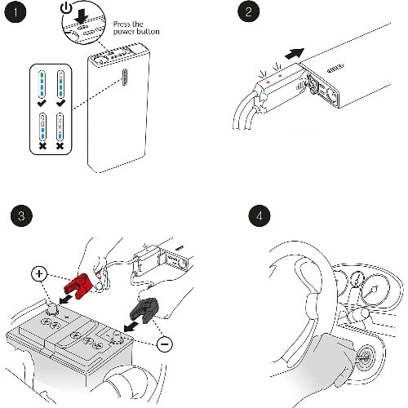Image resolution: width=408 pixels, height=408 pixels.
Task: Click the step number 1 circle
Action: [x=16, y=12]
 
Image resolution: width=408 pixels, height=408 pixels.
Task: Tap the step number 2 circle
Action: [x=248, y=11]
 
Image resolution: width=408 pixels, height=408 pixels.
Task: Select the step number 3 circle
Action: [x=21, y=216]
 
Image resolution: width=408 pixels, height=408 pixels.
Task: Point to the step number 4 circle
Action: [x=259, y=216]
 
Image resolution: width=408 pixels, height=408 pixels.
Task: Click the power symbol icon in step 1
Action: [x=66, y=8]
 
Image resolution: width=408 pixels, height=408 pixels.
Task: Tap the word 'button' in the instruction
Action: [x=148, y=32]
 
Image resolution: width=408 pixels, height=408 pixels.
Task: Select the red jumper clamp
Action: [x=79, y=285]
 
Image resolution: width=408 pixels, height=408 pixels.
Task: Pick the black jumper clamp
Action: [x=144, y=310]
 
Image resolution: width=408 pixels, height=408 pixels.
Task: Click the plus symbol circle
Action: [x=39, y=273]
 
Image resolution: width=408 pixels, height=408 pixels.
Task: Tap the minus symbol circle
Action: [x=165, y=344]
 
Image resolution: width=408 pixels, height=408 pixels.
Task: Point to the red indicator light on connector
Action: [x=268, y=82]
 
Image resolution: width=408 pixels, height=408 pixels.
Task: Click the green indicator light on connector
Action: [x=280, y=76]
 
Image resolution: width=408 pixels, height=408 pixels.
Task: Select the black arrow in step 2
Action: [x=295, y=53]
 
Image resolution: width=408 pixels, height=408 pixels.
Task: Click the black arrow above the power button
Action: [x=81, y=17]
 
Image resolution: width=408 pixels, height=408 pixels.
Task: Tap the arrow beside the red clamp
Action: [x=66, y=299]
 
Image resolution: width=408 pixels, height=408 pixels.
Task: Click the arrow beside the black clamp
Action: [x=131, y=326]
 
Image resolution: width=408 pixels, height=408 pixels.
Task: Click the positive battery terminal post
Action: [x=51, y=309]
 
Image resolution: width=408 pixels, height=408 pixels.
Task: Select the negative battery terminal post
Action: [x=116, y=337]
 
